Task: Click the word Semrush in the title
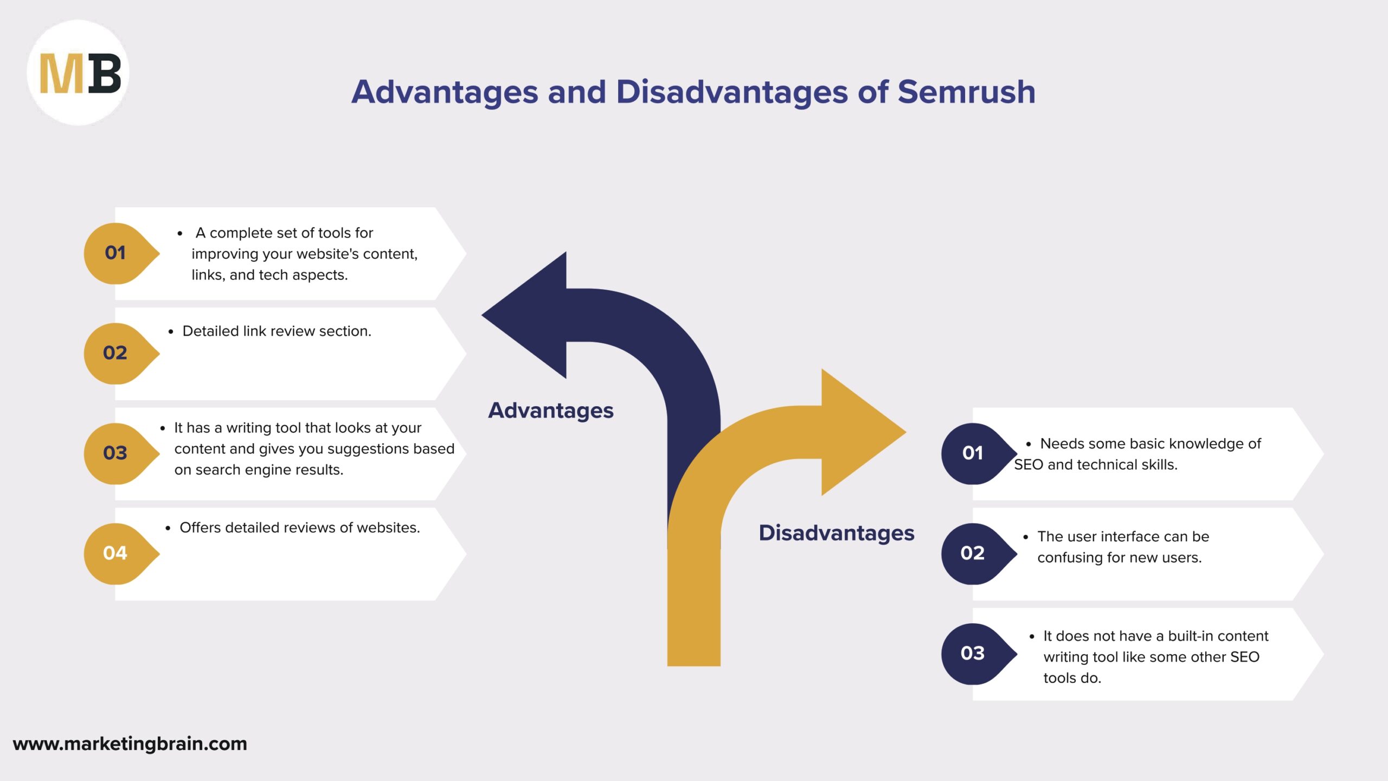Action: (x=966, y=92)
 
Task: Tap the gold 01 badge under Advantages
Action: (x=116, y=253)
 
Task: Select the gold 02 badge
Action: (x=116, y=353)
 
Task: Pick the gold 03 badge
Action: (x=116, y=453)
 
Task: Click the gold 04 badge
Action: (x=116, y=553)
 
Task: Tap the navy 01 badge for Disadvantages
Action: (x=973, y=453)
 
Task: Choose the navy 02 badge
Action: (x=973, y=553)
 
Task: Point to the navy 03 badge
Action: (x=973, y=653)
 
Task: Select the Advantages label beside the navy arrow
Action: (x=550, y=411)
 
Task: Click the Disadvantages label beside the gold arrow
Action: (x=836, y=533)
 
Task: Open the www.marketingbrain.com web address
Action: (x=130, y=744)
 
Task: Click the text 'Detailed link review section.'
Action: (x=277, y=331)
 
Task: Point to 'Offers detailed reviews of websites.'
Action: (x=299, y=528)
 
